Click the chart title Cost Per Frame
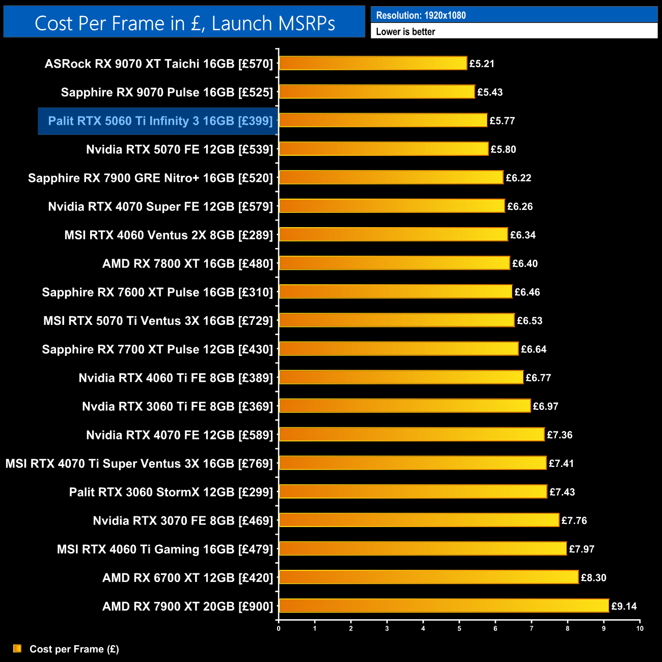tap(184, 23)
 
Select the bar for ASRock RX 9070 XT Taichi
tap(373, 63)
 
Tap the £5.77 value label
tap(502, 121)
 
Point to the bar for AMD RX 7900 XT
tap(444, 606)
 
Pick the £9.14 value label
tap(624, 606)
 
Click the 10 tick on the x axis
tap(640, 628)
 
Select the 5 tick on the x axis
tap(459, 628)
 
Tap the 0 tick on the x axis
tap(279, 628)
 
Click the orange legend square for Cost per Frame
tap(17, 648)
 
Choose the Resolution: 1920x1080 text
tap(421, 15)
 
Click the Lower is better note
tap(405, 32)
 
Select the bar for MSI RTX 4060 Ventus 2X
tap(393, 234)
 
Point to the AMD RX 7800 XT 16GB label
tap(187, 264)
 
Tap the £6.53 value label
tap(530, 321)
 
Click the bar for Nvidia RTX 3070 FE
tap(419, 520)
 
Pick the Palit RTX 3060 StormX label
tap(171, 492)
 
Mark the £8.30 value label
tap(593, 577)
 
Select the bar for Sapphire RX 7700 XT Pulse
tap(399, 349)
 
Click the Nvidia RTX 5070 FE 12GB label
tap(179, 150)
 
